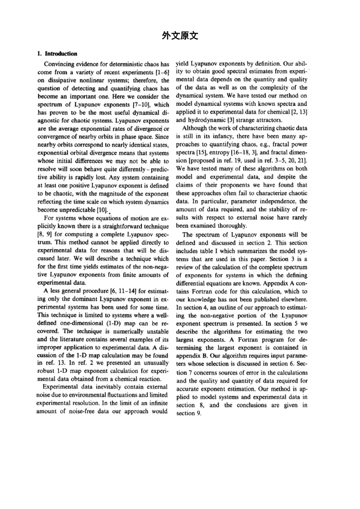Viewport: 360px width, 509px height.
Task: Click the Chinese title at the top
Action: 180,36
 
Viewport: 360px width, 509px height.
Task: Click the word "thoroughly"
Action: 231,225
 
